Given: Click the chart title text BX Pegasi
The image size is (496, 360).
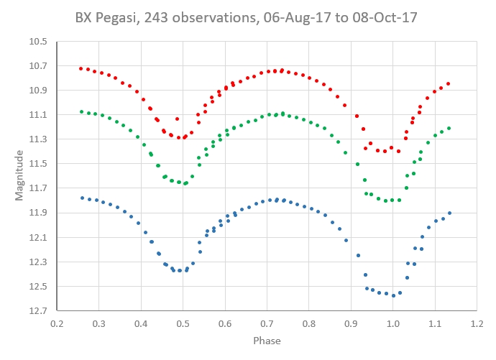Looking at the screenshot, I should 105,17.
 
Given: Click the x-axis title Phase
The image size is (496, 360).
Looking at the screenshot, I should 266,340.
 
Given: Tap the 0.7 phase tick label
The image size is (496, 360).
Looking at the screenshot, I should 266,323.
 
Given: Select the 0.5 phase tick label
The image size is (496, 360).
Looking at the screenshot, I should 182,323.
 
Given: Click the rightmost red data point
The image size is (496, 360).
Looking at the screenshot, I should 449,84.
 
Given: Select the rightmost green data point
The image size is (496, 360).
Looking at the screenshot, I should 449,128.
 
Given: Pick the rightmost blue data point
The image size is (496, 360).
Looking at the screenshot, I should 449,213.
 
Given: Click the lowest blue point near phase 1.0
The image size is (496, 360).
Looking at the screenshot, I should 393,295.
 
